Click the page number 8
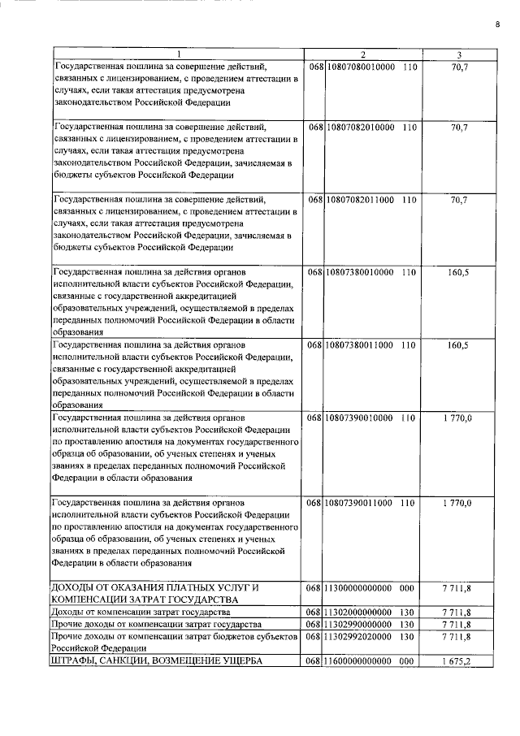(x=497, y=24)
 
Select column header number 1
(x=180, y=54)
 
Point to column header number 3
(x=459, y=54)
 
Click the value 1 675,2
(x=458, y=662)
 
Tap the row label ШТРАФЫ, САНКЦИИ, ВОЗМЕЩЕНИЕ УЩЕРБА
(x=156, y=662)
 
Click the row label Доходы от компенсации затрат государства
(x=142, y=611)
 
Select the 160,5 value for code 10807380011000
(x=458, y=344)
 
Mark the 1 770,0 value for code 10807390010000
(x=458, y=418)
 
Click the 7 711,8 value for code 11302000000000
(x=458, y=611)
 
